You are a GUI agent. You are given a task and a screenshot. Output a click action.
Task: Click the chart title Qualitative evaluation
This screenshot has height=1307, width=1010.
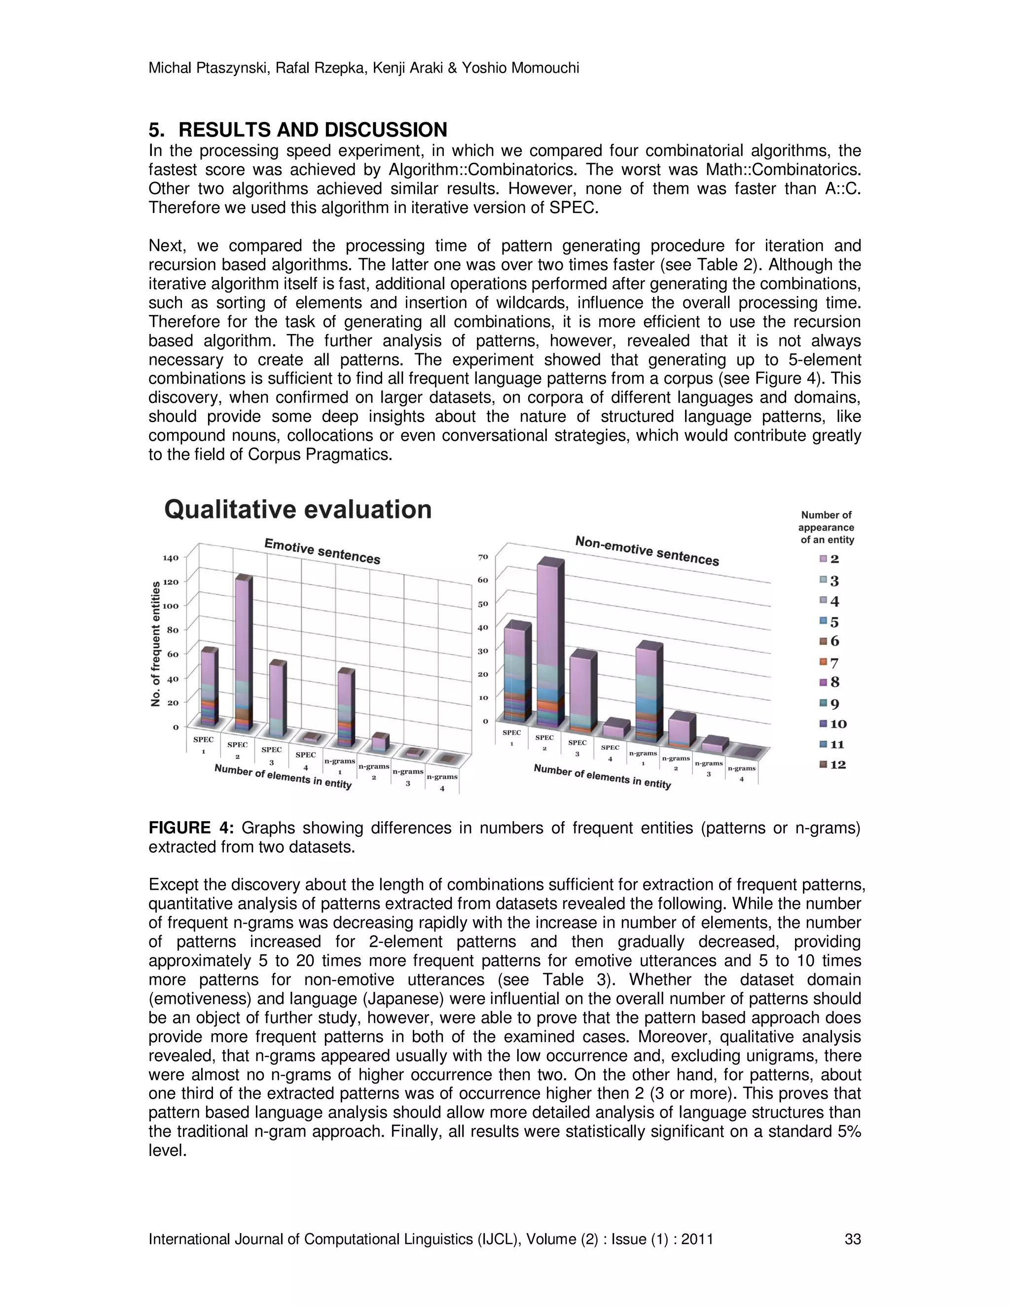(x=297, y=510)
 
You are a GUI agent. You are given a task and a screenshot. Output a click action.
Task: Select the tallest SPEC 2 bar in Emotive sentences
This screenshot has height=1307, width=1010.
(x=242, y=653)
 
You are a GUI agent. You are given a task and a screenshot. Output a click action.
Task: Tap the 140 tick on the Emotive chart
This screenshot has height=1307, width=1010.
(x=171, y=558)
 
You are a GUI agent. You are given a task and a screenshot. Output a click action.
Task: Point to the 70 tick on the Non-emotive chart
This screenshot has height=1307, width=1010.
(x=483, y=556)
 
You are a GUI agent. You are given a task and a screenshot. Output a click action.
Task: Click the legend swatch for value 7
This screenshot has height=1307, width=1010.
(x=823, y=662)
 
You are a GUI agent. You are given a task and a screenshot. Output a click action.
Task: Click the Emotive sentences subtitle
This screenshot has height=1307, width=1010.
(x=322, y=550)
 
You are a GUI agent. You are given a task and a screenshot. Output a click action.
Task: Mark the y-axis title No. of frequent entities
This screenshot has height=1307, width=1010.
(x=156, y=645)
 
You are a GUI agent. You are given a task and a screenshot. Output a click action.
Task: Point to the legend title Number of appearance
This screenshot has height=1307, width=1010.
(x=827, y=527)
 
